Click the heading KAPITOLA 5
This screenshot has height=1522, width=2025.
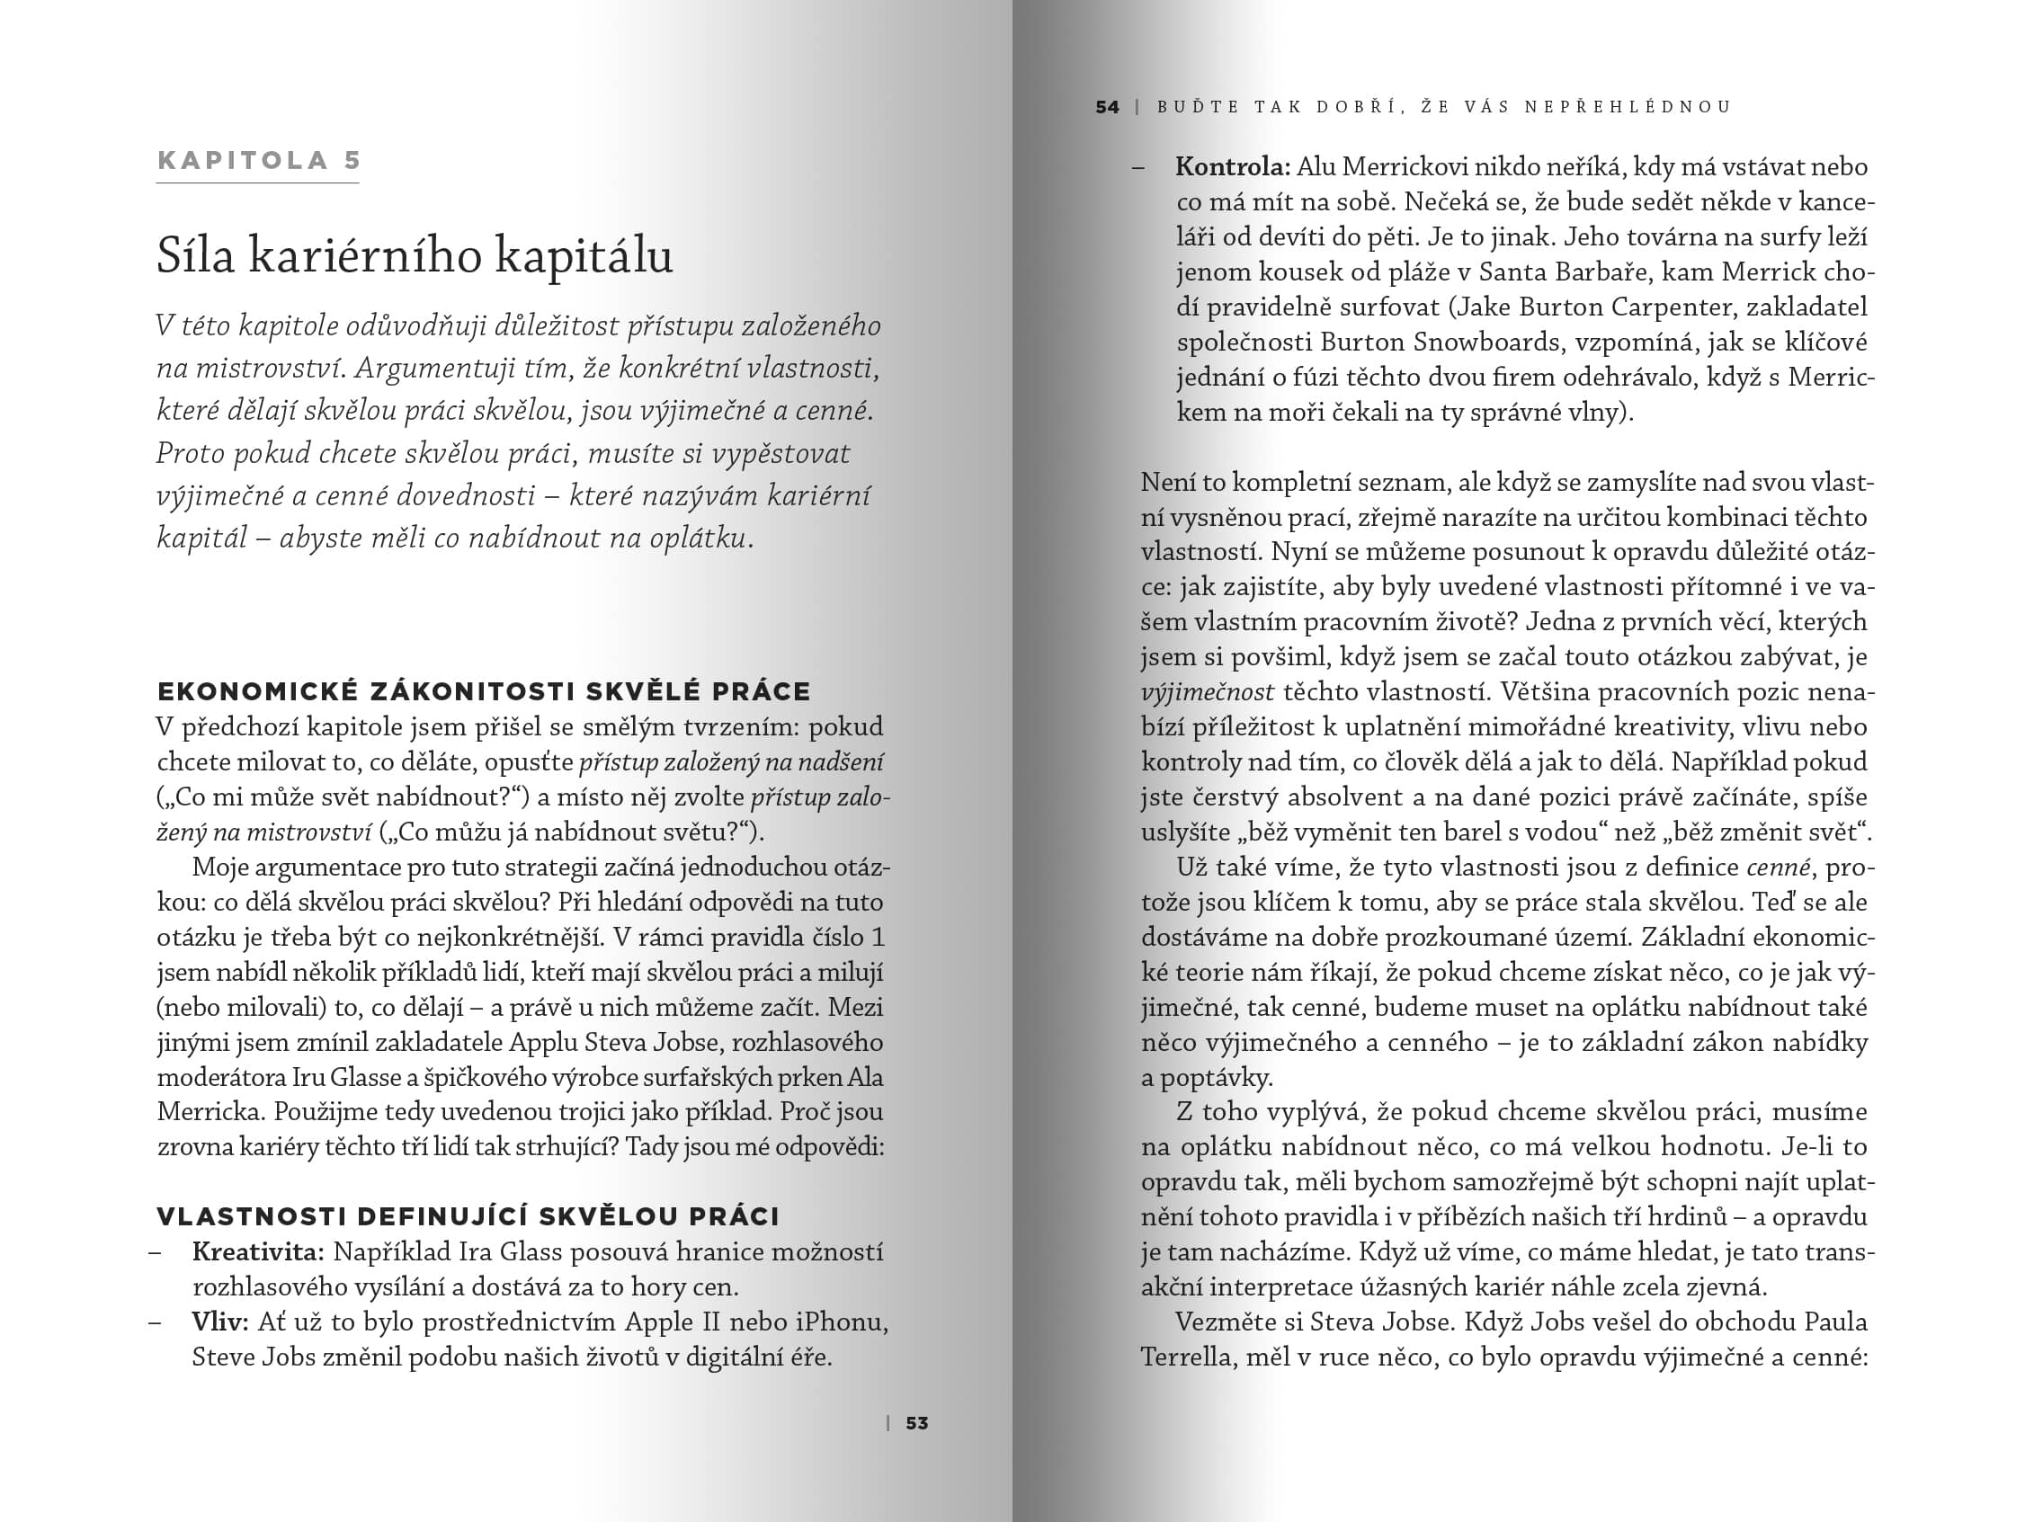[x=259, y=161]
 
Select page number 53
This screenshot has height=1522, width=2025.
[x=916, y=1423]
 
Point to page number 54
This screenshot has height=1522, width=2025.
[x=1107, y=107]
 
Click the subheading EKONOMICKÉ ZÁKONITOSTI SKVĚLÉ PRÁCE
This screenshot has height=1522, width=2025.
[x=485, y=691]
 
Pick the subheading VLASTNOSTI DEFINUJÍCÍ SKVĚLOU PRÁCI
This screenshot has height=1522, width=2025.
[x=468, y=1216]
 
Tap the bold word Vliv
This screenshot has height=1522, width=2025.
[x=219, y=1322]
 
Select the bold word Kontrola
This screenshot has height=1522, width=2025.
[x=1232, y=166]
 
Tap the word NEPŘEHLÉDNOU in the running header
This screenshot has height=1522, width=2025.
[x=1628, y=107]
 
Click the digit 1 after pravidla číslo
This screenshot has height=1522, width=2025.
[x=878, y=937]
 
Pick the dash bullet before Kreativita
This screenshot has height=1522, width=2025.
[x=156, y=1252]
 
